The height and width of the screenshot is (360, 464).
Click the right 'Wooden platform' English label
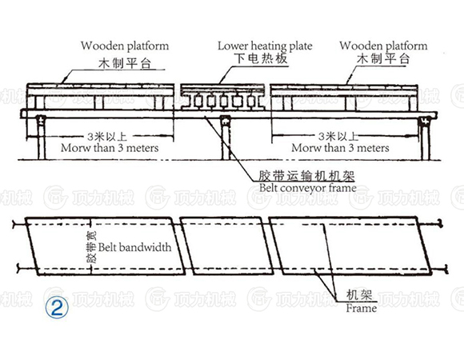coord(384,46)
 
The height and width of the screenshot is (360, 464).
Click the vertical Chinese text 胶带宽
coord(90,248)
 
